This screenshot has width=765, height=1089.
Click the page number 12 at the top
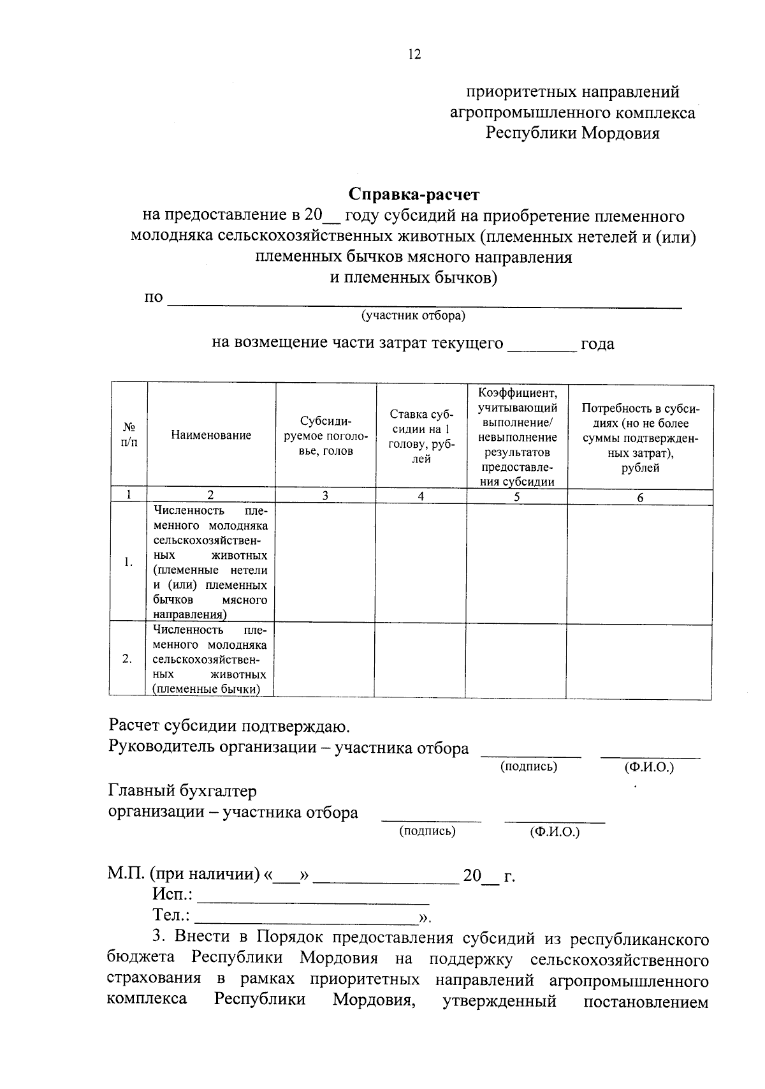click(414, 55)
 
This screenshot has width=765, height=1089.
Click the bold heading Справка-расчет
click(414, 194)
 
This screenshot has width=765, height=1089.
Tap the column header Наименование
click(211, 435)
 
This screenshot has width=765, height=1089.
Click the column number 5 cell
click(516, 496)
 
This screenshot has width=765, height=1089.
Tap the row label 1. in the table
click(129, 562)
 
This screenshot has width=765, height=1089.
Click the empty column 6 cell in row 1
click(639, 563)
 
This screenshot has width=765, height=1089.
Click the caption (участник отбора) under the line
click(414, 316)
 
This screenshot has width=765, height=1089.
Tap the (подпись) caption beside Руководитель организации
click(528, 767)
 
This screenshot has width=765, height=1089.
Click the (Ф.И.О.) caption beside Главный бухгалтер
click(555, 832)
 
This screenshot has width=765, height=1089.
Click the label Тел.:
click(171, 915)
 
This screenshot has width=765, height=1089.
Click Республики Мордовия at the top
click(572, 134)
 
